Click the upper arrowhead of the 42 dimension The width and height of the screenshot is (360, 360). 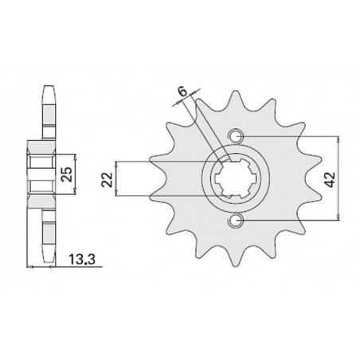(x=341, y=138)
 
